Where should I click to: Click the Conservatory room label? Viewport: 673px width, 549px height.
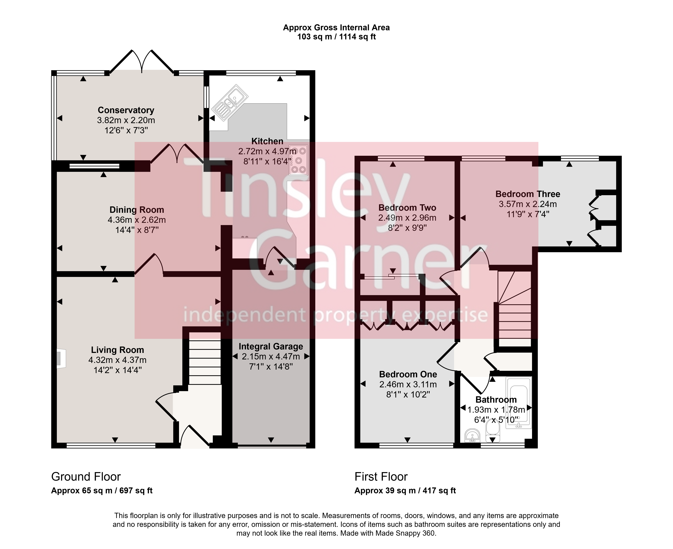pyautogui.click(x=126, y=110)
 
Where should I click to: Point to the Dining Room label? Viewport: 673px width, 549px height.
pyautogui.click(x=137, y=210)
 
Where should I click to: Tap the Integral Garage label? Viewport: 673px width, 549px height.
pyautogui.click(x=271, y=347)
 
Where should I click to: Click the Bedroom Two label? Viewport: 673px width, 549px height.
pyautogui.click(x=407, y=208)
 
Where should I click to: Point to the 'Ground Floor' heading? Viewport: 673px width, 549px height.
pyautogui.click(x=86, y=477)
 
